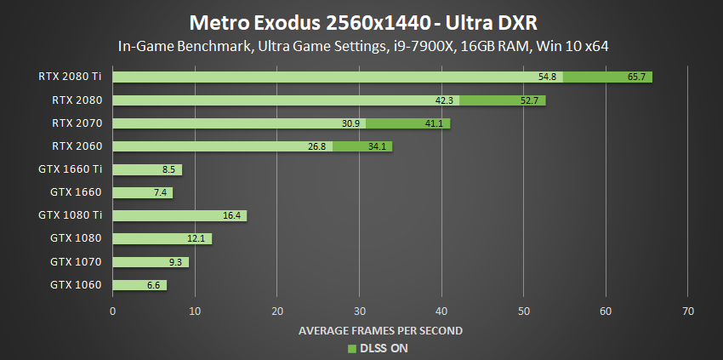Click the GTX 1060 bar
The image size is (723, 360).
click(x=139, y=285)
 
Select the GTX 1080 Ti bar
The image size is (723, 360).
click(x=179, y=215)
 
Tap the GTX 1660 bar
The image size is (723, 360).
click(x=142, y=192)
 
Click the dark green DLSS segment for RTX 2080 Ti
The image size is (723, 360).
click(x=607, y=77)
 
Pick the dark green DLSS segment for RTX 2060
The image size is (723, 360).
click(x=362, y=146)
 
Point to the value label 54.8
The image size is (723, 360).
click(x=548, y=77)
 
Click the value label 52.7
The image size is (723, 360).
click(x=530, y=100)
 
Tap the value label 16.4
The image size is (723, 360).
click(x=232, y=216)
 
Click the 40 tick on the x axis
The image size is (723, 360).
click(x=441, y=311)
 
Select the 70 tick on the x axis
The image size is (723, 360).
click(x=688, y=311)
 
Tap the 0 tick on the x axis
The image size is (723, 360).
click(x=113, y=311)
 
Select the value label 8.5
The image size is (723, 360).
click(x=168, y=169)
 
